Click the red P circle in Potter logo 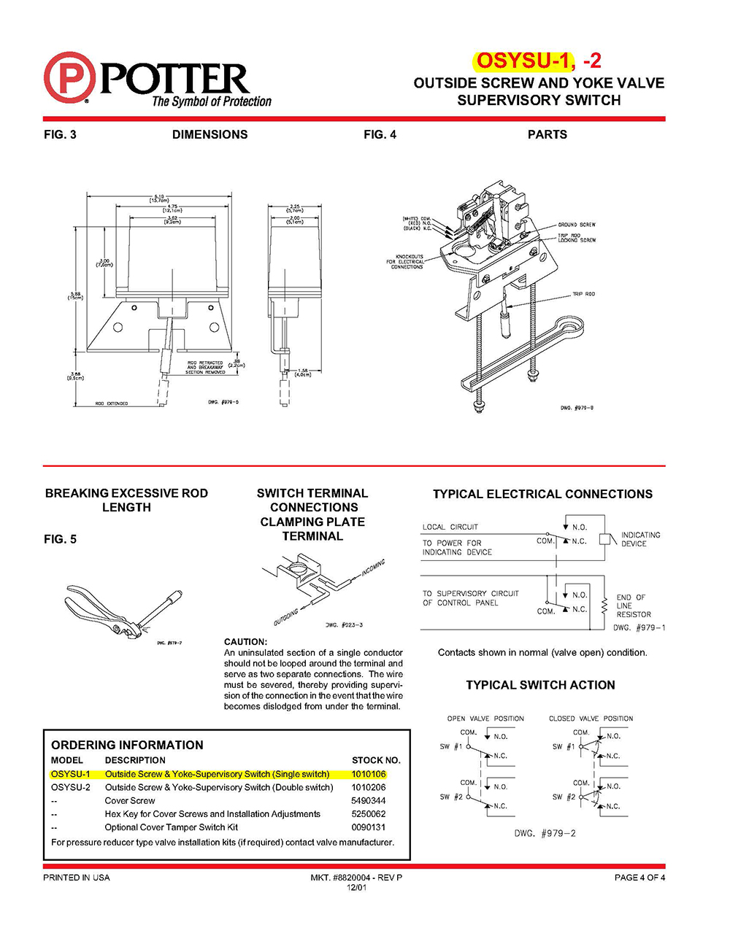tap(69, 77)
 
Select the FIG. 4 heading tap(380, 134)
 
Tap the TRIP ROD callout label tap(583, 294)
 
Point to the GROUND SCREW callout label tap(577, 225)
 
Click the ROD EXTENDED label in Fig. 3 tap(111, 403)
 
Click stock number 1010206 tap(369, 787)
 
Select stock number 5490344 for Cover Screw tap(369, 800)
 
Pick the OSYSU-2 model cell tap(71, 787)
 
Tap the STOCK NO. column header tap(376, 760)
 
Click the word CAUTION tap(245, 642)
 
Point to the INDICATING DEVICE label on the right tap(639, 539)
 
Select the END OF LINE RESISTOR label tap(632, 606)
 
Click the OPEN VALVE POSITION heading tap(485, 719)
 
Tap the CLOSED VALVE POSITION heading tap(591, 719)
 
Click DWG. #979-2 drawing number tap(545, 833)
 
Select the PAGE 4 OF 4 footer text tap(639, 878)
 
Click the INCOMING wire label tap(373, 568)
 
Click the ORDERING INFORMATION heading tap(127, 745)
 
